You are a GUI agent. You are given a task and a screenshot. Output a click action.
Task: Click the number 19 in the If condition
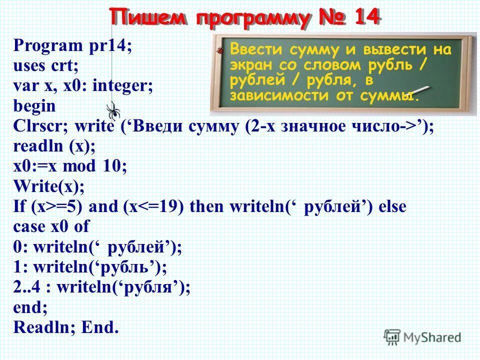point(170,206)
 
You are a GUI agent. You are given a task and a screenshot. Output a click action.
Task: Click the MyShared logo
point(422,336)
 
